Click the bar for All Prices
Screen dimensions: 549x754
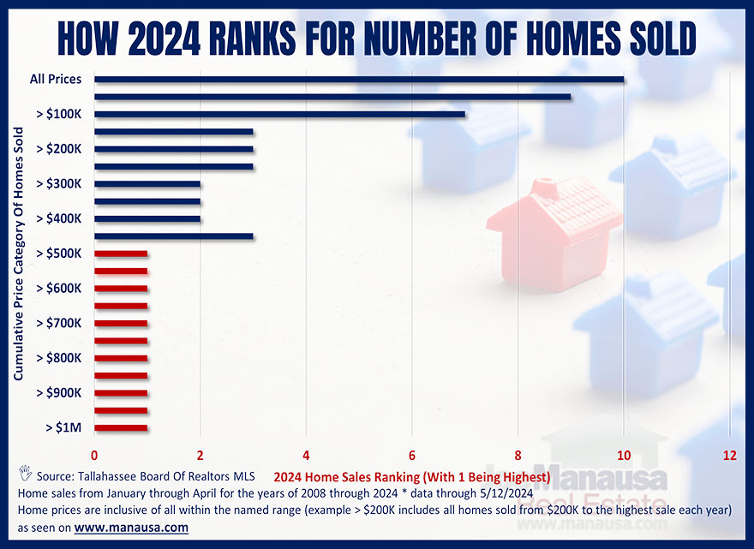pos(359,80)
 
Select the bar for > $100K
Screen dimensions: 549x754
pos(279,114)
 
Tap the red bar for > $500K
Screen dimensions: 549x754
pos(121,254)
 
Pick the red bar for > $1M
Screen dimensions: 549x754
pos(121,427)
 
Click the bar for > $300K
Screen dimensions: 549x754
pos(147,184)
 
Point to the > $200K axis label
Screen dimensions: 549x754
pos(59,149)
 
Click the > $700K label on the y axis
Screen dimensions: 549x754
pos(59,323)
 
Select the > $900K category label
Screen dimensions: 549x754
pos(59,393)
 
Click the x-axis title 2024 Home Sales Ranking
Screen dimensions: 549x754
pos(410,476)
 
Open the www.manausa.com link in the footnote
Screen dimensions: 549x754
pos(131,528)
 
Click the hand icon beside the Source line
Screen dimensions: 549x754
pos(24,473)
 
